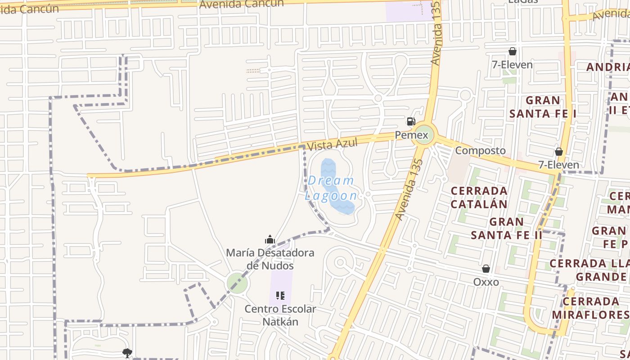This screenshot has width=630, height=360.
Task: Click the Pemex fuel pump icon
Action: [411, 121]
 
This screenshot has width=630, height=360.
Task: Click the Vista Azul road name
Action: [332, 144]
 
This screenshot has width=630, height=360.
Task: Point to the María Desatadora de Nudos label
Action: [270, 259]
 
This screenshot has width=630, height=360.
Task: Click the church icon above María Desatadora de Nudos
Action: [270, 239]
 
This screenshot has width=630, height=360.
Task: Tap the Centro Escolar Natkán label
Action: [280, 315]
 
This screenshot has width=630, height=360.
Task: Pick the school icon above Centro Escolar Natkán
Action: [280, 296]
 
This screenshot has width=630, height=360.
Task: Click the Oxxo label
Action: [486, 282]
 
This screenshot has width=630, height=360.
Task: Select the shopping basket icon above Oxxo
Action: [486, 269]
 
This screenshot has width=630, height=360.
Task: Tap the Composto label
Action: [480, 150]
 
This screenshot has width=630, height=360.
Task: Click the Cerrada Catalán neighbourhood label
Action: [479, 197]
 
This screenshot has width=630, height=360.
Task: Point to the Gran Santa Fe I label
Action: [543, 107]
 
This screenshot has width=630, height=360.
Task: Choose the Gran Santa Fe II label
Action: [507, 228]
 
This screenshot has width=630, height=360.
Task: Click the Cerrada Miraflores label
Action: [590, 308]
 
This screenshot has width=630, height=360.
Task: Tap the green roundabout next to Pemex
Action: [424, 135]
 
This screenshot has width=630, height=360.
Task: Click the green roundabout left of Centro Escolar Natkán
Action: [237, 283]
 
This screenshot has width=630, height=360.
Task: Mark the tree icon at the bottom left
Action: [127, 353]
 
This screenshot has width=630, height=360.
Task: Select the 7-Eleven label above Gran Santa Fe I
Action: [512, 65]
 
